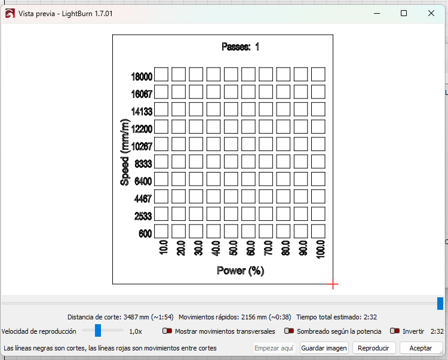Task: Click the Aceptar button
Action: pos(421,348)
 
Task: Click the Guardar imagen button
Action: pos(324,348)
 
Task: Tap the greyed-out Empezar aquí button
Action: pos(274,348)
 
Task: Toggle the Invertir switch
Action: pos(395,331)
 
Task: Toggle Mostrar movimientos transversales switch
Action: pos(167,331)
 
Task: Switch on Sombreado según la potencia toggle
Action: pos(289,331)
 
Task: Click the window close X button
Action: pos(431,13)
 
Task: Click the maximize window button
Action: pos(404,13)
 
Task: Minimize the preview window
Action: pos(377,13)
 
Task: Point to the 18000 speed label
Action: pos(142,76)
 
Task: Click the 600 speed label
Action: pos(145,233)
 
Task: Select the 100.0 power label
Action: pos(321,249)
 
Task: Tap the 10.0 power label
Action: pos(164,247)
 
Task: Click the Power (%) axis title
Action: pos(240,270)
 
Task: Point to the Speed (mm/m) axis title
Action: pos(125,152)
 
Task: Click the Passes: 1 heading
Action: pos(240,47)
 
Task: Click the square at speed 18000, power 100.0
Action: pos(318,74)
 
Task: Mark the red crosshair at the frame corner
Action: pos(333,284)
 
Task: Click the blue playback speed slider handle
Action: pos(98,330)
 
